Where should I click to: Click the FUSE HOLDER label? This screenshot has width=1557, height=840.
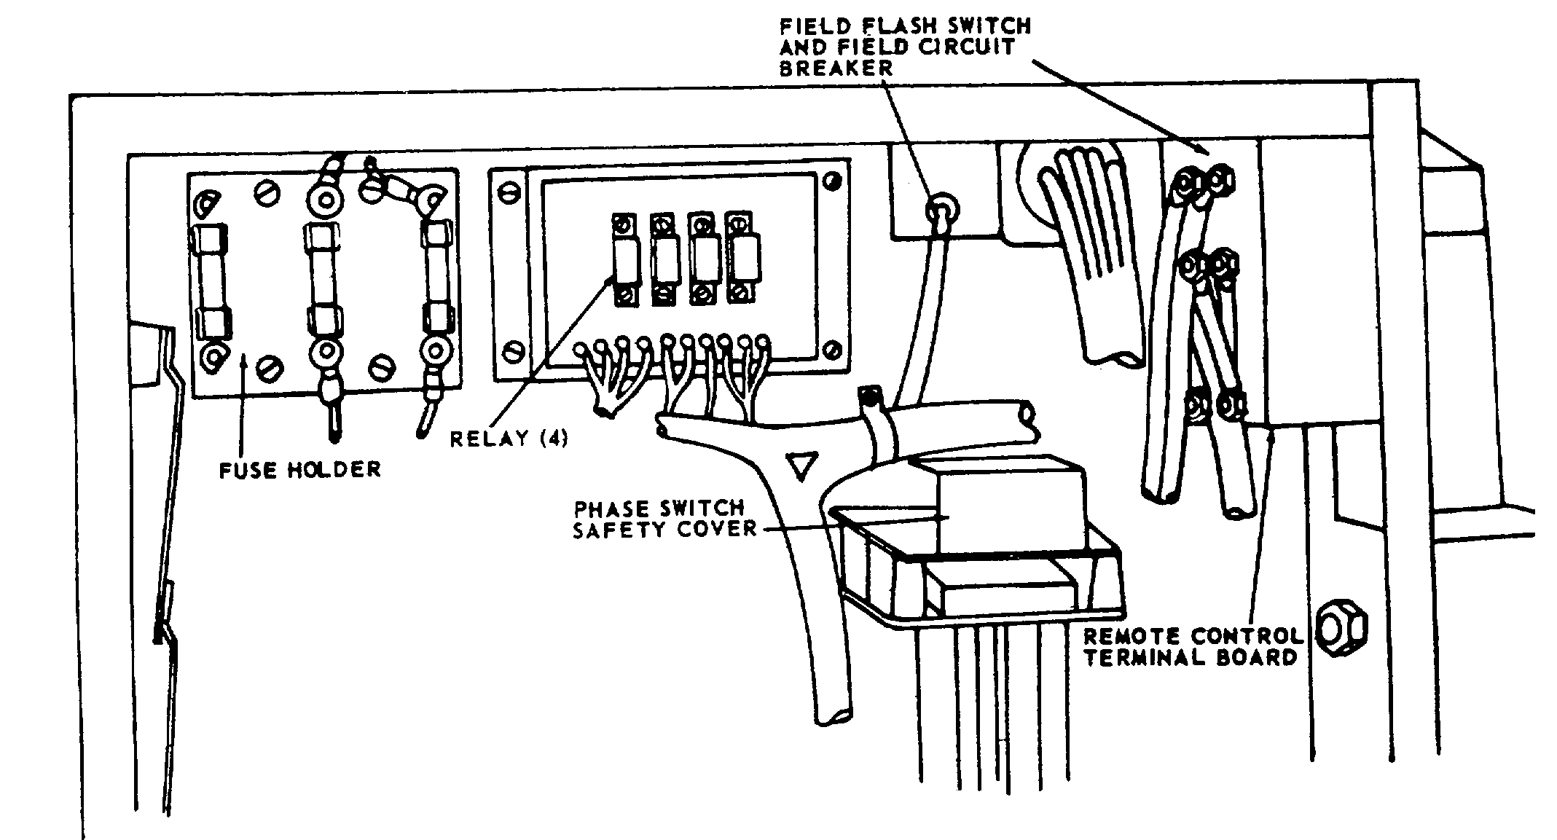click(x=300, y=469)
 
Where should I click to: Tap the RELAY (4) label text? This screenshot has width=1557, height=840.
click(x=509, y=439)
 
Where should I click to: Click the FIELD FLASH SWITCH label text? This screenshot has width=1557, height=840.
click(x=906, y=27)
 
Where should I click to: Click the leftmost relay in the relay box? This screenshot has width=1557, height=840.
click(x=625, y=260)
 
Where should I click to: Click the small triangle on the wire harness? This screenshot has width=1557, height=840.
click(x=801, y=465)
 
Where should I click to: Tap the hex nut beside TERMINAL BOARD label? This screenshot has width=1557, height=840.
click(x=1342, y=627)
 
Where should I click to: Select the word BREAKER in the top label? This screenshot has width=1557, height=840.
click(x=835, y=68)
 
